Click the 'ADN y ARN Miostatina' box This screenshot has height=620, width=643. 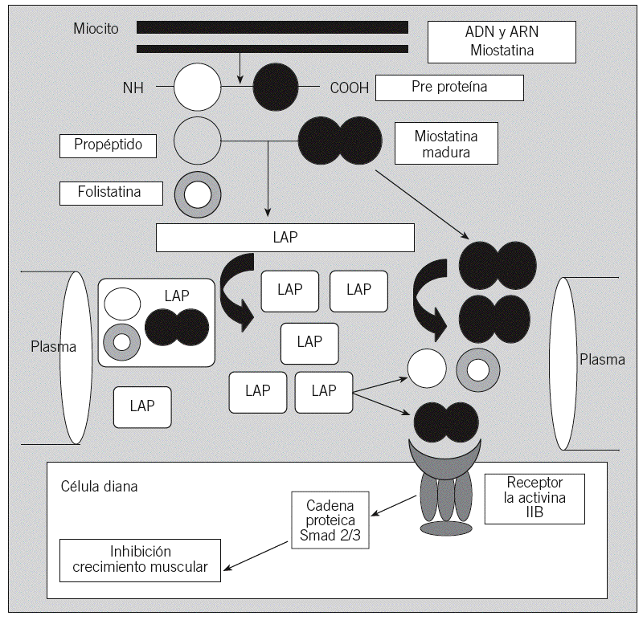pos(502,42)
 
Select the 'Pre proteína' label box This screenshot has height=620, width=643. pos(449,88)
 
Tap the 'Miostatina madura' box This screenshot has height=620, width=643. pos(446,143)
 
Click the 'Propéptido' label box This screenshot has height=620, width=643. pos(108,145)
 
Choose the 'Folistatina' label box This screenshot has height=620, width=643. pos(111,193)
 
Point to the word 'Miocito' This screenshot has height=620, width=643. pos(95,29)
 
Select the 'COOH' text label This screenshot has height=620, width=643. pos(350,88)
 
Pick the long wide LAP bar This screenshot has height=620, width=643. pos(285,238)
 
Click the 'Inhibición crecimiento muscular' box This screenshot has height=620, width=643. pos(140,560)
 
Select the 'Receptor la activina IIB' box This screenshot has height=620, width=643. pos(535,498)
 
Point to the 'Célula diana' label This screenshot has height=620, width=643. pos(99,487)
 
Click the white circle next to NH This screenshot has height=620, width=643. pos(197,87)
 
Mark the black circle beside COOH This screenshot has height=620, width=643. pos(276,87)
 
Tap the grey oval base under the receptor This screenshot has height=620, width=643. pos(446,528)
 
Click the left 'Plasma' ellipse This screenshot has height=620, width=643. pos(74,357)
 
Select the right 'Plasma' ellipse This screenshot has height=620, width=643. pos(565,364)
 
